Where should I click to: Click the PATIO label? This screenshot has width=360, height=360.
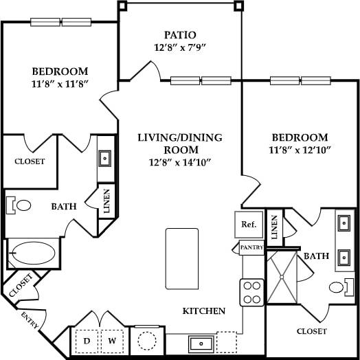pos(180,35)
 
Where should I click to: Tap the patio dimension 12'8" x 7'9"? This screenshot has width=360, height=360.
pos(180,48)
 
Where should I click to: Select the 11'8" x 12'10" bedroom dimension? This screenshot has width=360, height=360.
pos(299,150)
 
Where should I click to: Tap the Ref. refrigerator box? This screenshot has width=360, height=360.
pos(247,224)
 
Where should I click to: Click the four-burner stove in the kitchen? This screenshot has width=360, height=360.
pos(251,293)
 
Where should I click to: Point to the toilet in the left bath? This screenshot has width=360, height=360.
pos(21,205)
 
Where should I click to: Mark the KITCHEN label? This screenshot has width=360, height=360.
pos(203,311)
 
